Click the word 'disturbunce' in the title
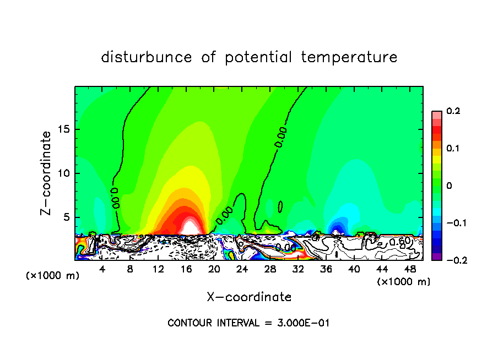coord(147,57)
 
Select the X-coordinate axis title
coord(249,297)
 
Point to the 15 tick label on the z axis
coord(63,130)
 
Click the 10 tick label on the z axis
coord(63,173)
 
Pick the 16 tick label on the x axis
coord(187,269)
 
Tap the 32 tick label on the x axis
coord(298,269)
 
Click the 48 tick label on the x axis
coord(410,269)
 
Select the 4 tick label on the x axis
coord(102,269)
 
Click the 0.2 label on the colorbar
coord(453,111)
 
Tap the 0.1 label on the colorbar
coord(453,149)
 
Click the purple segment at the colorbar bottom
coord(436,257)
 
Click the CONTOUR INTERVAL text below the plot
coord(248,323)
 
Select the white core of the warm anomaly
coord(188,226)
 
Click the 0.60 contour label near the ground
coord(399,242)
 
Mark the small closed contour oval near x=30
coord(280,206)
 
